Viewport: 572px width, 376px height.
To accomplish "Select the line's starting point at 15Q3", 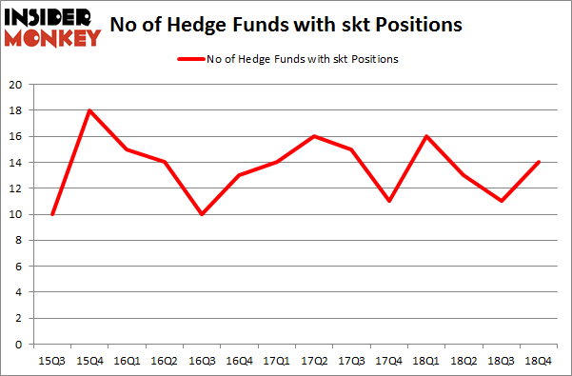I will pyautogui.click(x=52, y=214).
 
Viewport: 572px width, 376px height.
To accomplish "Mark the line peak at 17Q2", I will pyautogui.click(x=314, y=136).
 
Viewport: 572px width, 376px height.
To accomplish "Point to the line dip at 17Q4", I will pyautogui.click(x=389, y=201).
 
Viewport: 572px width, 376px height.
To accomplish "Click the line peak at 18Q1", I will pyautogui.click(x=426, y=136).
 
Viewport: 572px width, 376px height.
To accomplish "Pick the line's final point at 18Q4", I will pyautogui.click(x=539, y=162).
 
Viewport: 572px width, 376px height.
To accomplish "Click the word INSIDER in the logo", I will pyautogui.click(x=52, y=17).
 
